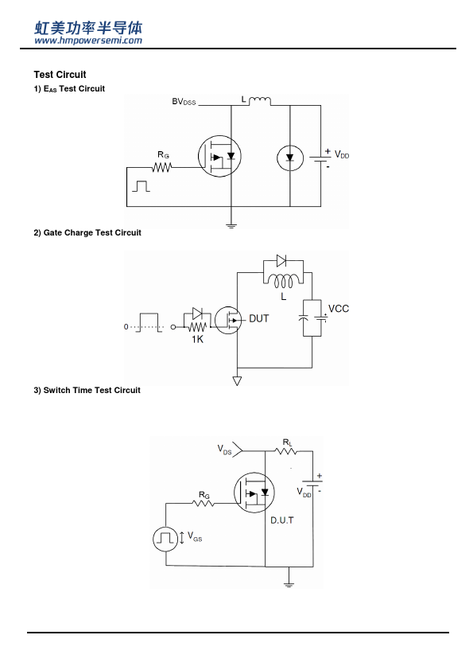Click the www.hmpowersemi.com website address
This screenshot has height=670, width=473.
click(x=88, y=41)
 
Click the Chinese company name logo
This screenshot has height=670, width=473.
click(x=88, y=28)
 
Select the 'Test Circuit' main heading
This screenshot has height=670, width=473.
click(x=60, y=75)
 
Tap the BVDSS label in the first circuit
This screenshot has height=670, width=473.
click(x=184, y=102)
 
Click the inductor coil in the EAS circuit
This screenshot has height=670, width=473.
click(x=259, y=101)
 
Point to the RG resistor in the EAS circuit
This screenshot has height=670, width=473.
click(x=162, y=167)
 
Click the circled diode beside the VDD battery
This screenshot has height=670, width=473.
click(x=290, y=158)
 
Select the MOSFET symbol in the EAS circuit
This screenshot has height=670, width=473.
click(x=219, y=156)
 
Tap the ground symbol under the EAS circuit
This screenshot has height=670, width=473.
click(x=231, y=225)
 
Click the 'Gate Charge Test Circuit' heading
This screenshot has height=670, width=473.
click(x=87, y=233)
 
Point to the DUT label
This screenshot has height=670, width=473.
click(x=258, y=319)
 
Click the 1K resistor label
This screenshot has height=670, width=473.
click(x=197, y=339)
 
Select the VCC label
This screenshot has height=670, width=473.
click(x=339, y=309)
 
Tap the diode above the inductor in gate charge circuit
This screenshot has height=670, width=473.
click(x=281, y=261)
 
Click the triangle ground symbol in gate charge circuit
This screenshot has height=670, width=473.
click(x=238, y=380)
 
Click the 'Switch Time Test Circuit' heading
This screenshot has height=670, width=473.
click(x=87, y=390)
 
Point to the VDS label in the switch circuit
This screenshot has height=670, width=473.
click(x=224, y=450)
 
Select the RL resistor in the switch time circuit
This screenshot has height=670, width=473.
click(x=286, y=451)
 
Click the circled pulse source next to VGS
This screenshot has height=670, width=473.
click(x=165, y=539)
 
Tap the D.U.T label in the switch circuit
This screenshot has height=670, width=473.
click(x=282, y=520)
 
